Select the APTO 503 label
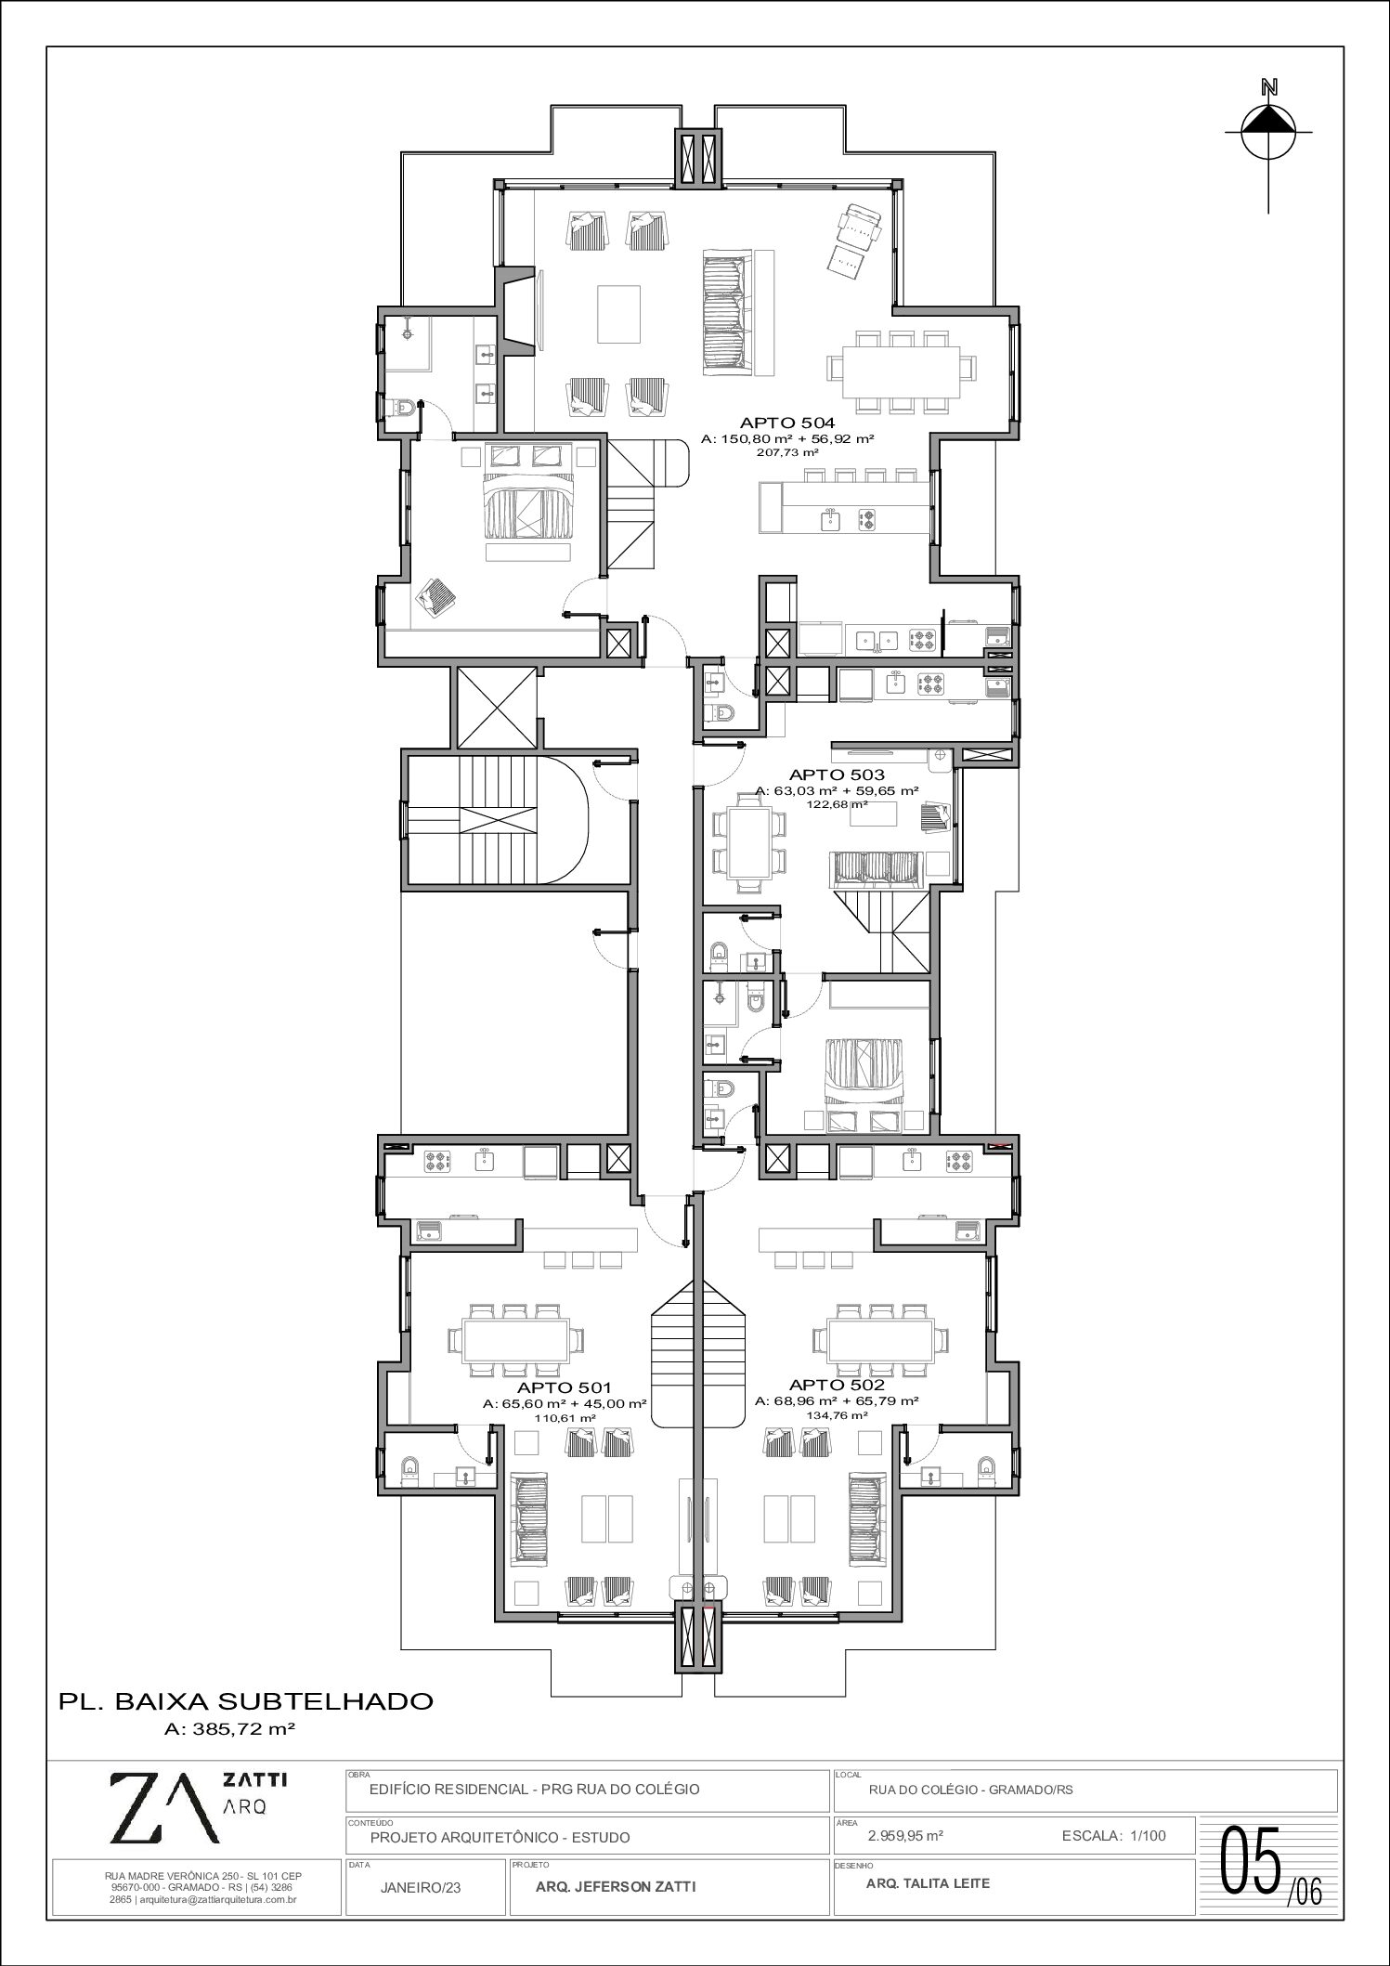pyautogui.click(x=837, y=775)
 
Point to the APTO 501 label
pyautogui.click(x=565, y=1387)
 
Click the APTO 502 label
pyautogui.click(x=837, y=1385)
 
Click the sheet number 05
pyautogui.click(x=1252, y=1860)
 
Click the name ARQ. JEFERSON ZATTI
pyautogui.click(x=616, y=1886)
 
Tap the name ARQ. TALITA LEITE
pyautogui.click(x=928, y=1883)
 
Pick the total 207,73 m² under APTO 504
pyautogui.click(x=787, y=452)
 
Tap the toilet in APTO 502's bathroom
pyautogui.click(x=985, y=1467)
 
